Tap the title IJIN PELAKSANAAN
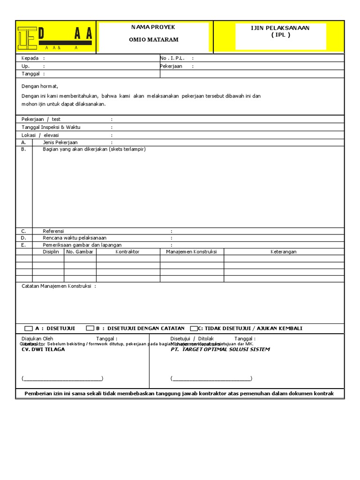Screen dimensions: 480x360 click(280, 28)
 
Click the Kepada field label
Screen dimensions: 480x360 click(30, 58)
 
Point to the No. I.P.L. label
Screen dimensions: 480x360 click(172, 58)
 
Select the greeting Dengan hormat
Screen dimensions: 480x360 click(40, 86)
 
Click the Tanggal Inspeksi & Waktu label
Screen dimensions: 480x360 click(51, 127)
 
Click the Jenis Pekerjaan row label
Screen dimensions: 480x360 click(60, 142)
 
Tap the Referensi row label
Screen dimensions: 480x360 click(53, 231)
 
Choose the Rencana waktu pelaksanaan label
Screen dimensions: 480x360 click(75, 238)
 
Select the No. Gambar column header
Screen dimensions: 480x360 click(80, 252)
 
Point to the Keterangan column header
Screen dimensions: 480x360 click(284, 252)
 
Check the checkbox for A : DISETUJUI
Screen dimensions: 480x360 click(29, 329)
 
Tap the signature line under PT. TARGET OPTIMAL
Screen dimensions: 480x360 click(211, 379)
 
